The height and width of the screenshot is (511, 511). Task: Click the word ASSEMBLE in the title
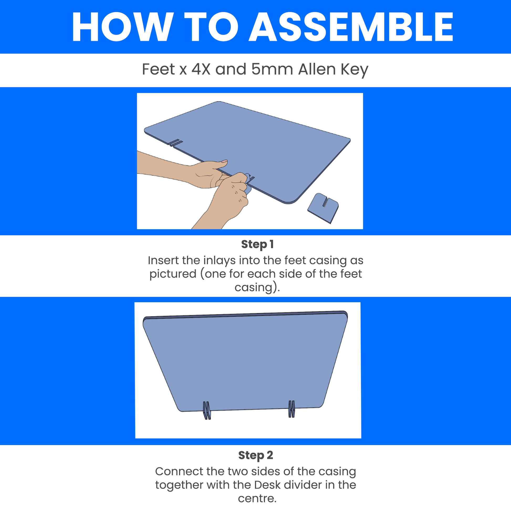(351, 27)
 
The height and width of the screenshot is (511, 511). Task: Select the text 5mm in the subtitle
(272, 69)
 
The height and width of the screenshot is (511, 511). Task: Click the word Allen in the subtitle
(317, 69)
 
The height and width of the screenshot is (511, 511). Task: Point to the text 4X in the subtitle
(201, 69)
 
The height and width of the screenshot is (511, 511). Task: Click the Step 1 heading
(257, 245)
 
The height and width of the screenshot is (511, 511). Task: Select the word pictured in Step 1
(173, 274)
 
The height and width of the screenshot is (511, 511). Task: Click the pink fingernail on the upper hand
(224, 161)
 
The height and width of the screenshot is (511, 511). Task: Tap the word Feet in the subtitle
(158, 69)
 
